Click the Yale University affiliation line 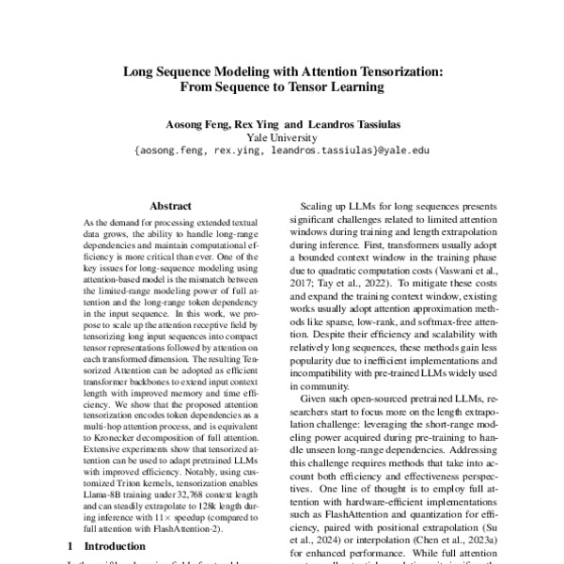click(282, 136)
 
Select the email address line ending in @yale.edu click(282, 149)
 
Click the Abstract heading click(170, 205)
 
